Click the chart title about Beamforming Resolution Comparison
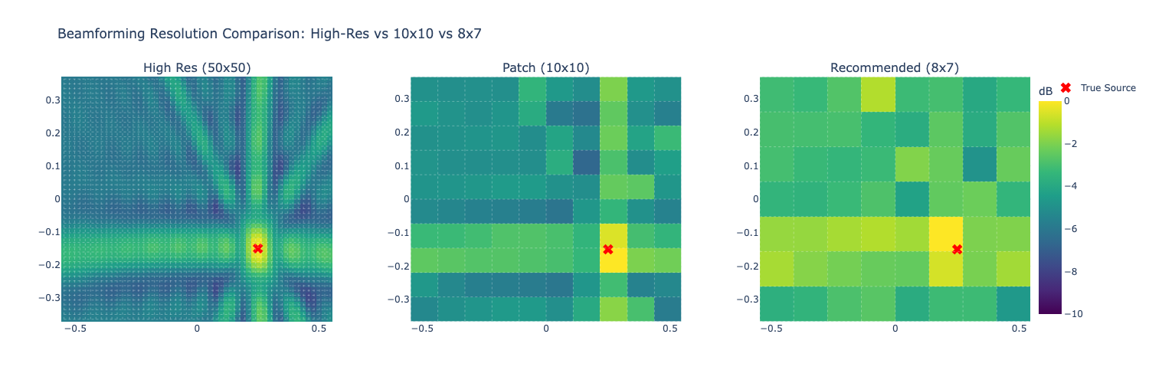[x=269, y=34]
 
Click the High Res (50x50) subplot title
[x=197, y=68]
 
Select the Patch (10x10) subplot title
[x=546, y=68]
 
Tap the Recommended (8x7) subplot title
[x=895, y=68]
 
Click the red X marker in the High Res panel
[x=258, y=248]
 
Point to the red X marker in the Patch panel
[x=608, y=249]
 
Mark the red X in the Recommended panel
[x=957, y=249]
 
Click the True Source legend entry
[x=1108, y=88]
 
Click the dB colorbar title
[x=1046, y=92]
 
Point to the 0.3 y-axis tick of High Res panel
[x=49, y=100]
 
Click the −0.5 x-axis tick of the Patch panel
[x=421, y=329]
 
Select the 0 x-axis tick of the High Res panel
[x=197, y=329]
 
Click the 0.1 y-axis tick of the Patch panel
[x=398, y=166]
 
